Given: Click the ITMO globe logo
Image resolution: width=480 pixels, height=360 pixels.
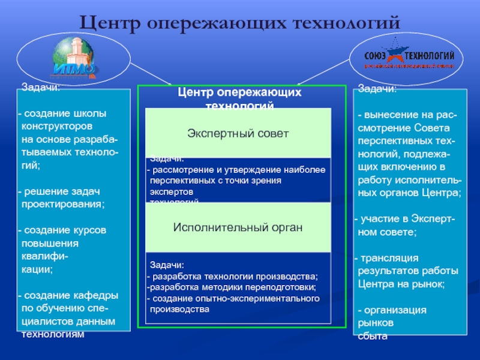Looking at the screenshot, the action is click(74, 58).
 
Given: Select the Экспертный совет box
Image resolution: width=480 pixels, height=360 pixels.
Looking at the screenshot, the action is click(239, 133).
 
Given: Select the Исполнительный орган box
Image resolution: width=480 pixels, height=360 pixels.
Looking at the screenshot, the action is click(239, 228).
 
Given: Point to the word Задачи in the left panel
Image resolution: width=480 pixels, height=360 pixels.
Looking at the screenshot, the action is click(41, 88).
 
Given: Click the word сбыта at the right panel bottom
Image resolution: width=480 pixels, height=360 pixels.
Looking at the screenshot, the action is click(373, 337).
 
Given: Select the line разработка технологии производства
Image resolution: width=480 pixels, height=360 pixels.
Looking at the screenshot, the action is click(235, 277).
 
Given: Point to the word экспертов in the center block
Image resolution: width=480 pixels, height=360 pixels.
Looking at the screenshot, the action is click(172, 192).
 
